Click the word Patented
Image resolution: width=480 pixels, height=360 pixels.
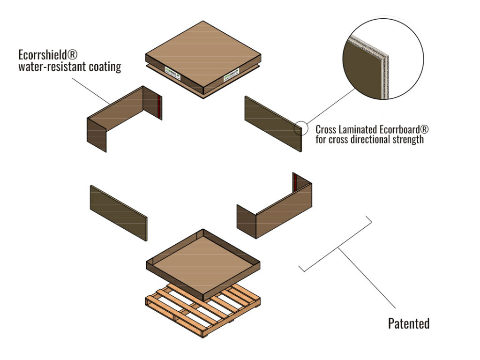point(408,323)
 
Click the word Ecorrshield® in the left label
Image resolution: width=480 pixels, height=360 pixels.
point(45,55)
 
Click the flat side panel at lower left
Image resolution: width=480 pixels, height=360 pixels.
point(118,213)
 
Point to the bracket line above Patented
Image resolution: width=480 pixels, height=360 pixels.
point(336,246)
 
